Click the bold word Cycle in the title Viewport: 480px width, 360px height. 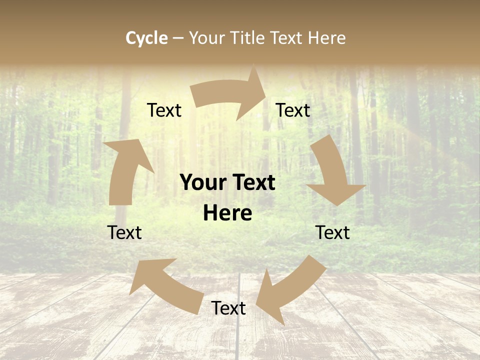[x=146, y=38]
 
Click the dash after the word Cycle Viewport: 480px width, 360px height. [x=178, y=38]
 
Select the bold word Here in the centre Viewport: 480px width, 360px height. [x=227, y=213]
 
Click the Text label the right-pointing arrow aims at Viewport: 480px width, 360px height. [x=293, y=110]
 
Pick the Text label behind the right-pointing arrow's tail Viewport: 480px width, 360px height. [x=164, y=110]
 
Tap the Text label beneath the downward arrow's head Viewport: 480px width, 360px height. [x=332, y=232]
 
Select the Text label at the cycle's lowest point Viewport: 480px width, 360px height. [x=228, y=308]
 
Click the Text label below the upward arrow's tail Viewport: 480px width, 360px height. [x=124, y=232]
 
